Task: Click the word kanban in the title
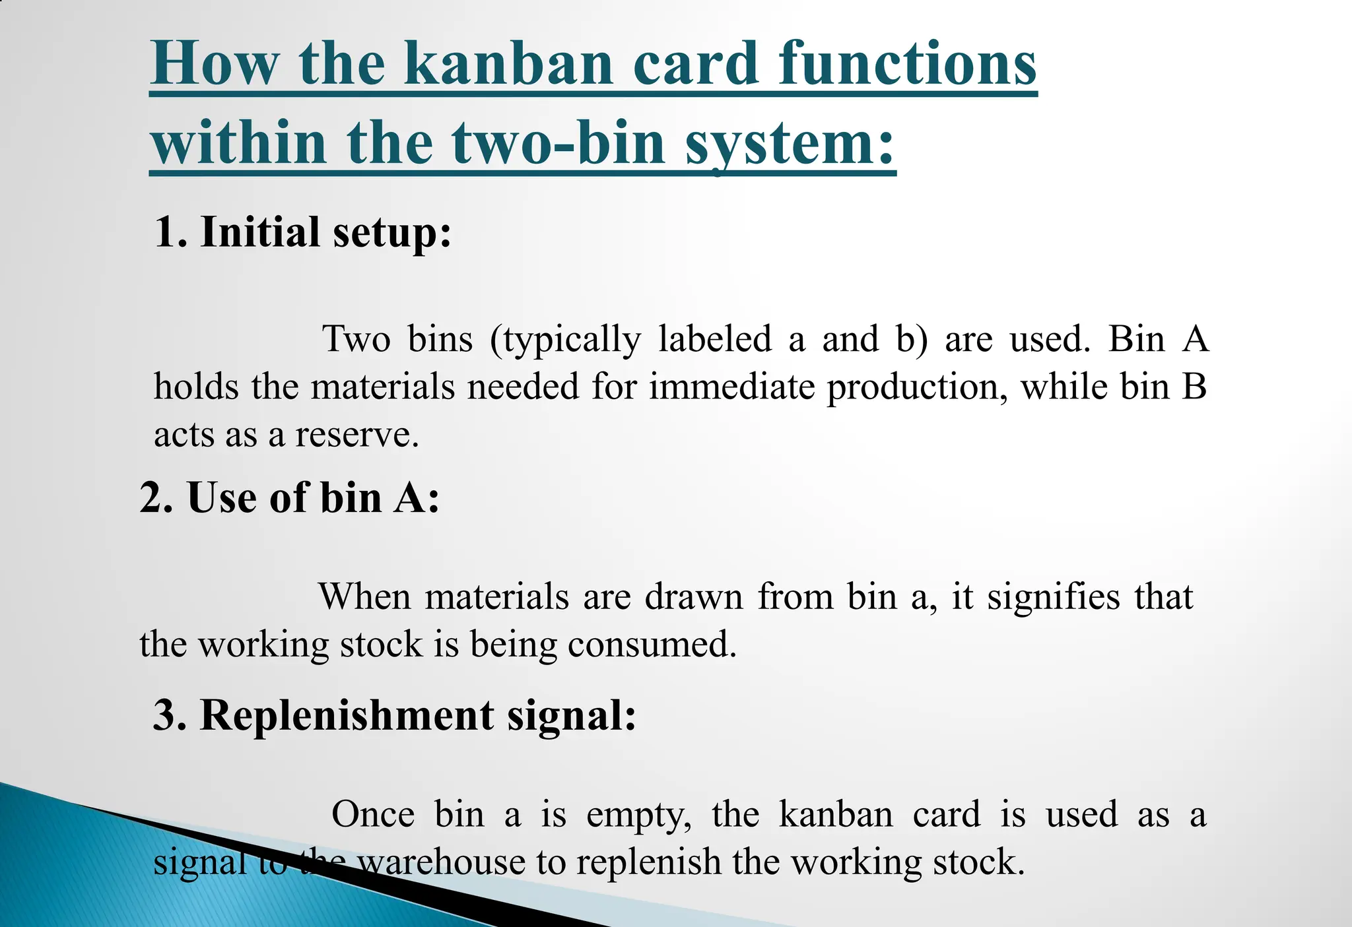508,64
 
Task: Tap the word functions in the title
907,64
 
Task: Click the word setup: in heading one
392,232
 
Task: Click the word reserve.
356,435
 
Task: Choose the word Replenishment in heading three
347,716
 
